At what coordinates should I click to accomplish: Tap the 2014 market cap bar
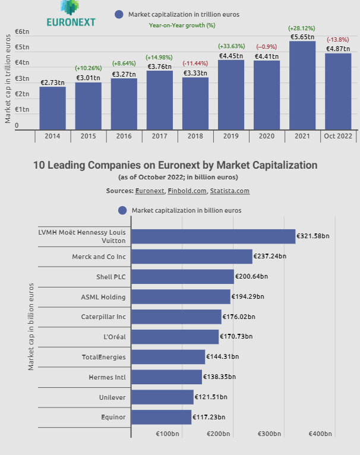coord(52,108)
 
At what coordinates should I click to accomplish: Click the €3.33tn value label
coord(195,73)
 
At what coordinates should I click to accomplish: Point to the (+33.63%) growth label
coord(231,46)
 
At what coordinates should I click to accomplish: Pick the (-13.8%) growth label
coord(337,40)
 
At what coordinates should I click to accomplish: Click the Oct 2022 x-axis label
coord(337,136)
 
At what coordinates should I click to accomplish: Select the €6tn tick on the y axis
coord(22,31)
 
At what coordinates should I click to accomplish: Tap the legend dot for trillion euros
coord(119,14)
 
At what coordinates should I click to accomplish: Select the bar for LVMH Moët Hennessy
coord(213,236)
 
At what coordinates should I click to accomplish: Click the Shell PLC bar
coord(182,277)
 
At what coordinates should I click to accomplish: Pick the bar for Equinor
coord(161,417)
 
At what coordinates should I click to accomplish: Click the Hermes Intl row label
coord(107,377)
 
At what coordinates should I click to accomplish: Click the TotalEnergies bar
coord(168,356)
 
